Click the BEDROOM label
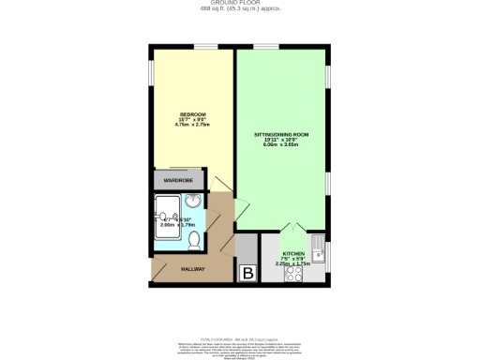tap(192, 114)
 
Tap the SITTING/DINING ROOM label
tap(281, 135)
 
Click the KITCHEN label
tap(293, 254)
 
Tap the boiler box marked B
tap(248, 273)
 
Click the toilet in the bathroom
tap(194, 240)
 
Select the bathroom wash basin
tap(191, 202)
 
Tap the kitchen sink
tap(319, 249)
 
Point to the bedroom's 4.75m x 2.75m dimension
tap(192, 125)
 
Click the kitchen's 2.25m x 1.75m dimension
tap(293, 263)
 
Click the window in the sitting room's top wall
tap(265, 43)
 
